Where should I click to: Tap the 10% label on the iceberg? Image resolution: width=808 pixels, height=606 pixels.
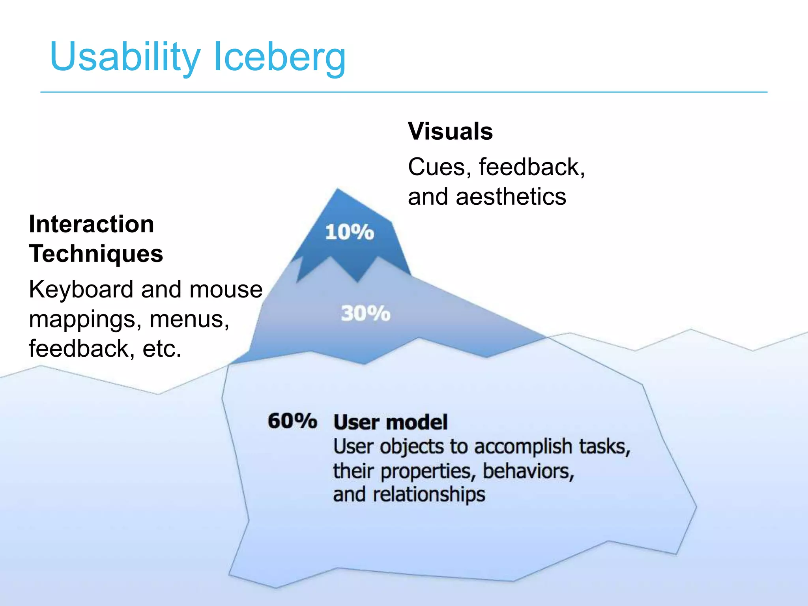point(349,232)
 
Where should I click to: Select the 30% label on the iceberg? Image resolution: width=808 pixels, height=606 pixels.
point(365,314)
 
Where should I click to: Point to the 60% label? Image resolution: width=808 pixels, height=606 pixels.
point(292,421)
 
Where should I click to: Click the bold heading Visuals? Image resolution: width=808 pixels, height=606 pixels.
point(450,131)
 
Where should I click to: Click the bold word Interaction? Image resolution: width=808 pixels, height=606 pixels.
point(92,224)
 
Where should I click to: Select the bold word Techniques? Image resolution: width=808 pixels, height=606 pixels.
point(96,253)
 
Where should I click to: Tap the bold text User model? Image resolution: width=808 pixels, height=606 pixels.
point(391,422)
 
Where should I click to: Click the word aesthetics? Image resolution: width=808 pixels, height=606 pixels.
point(511,196)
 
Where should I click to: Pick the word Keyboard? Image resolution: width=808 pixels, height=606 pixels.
point(81,290)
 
